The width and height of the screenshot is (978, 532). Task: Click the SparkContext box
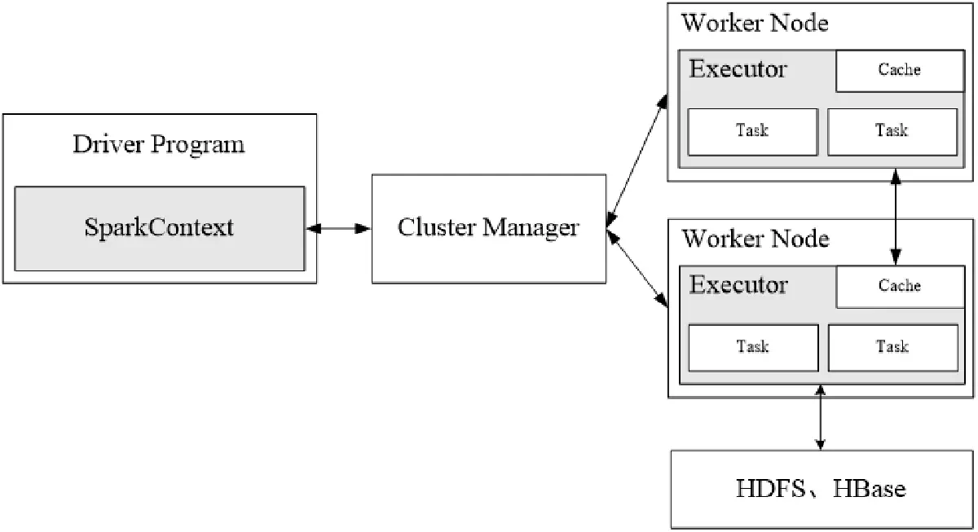(x=160, y=227)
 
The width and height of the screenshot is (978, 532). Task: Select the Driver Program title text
(x=159, y=145)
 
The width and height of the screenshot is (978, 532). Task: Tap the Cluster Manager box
(x=489, y=227)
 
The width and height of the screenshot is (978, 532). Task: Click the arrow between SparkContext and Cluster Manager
(x=338, y=229)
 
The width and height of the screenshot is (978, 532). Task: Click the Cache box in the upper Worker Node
(x=900, y=70)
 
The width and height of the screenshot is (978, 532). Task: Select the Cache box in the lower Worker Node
(x=900, y=286)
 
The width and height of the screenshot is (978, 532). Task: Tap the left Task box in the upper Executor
(x=752, y=130)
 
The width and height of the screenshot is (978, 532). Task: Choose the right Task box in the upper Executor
(x=892, y=130)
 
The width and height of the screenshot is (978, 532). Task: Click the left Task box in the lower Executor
(x=753, y=347)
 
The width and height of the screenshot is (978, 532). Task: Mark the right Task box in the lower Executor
(x=892, y=347)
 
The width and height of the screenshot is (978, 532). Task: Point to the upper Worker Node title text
(x=755, y=22)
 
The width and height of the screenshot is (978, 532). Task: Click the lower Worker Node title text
(x=755, y=239)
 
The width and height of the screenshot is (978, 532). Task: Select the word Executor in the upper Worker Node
(x=738, y=68)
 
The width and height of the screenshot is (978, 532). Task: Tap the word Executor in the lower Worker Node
(x=738, y=285)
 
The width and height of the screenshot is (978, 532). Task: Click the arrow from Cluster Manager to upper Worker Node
(x=638, y=159)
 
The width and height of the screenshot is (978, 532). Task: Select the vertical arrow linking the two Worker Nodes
(x=896, y=216)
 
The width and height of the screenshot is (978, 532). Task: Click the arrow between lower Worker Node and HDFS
(x=820, y=420)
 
